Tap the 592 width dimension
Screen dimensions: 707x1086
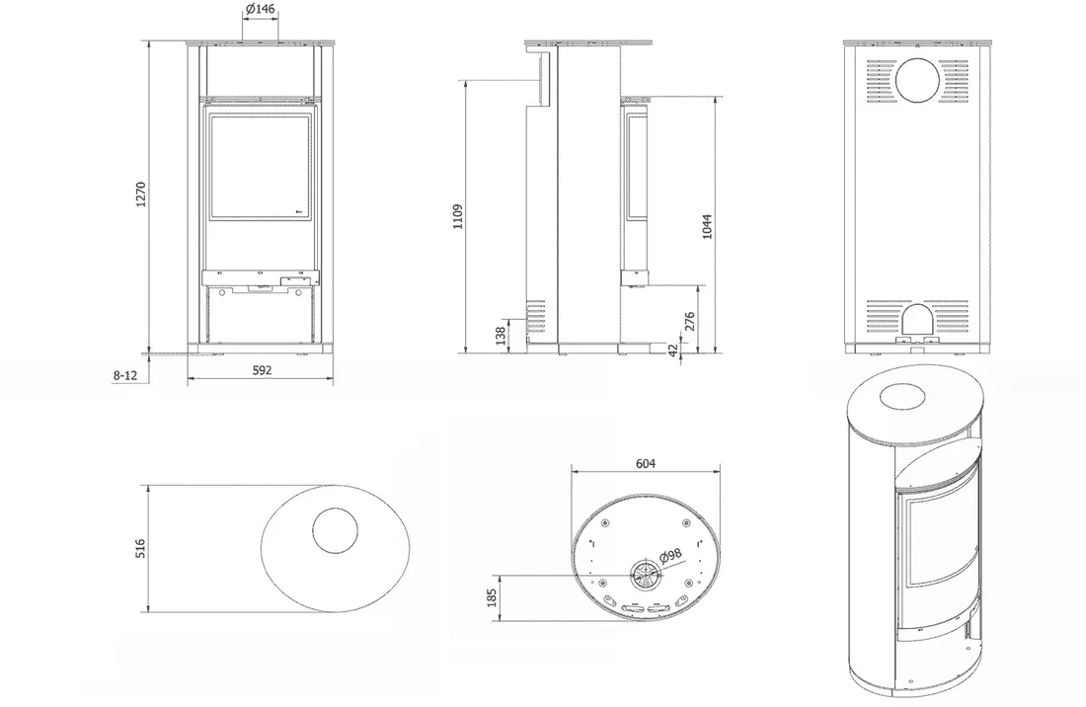tap(262, 370)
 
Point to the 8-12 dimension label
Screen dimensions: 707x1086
tap(125, 375)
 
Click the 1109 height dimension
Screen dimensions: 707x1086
tap(456, 216)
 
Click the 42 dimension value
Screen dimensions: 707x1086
tap(673, 351)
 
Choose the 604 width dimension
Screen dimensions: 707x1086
tap(646, 463)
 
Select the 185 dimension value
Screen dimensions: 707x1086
tap(491, 598)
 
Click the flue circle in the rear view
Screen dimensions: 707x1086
tap(922, 80)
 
